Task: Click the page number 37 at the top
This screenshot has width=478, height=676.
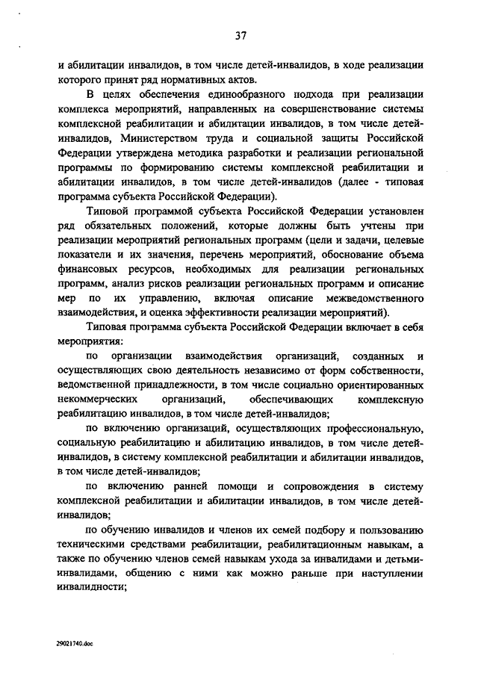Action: pos(240,34)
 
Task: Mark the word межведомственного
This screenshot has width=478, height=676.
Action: pos(373,299)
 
